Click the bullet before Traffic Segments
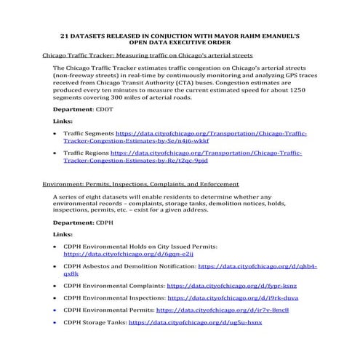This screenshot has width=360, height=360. pyautogui.click(x=56, y=135)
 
